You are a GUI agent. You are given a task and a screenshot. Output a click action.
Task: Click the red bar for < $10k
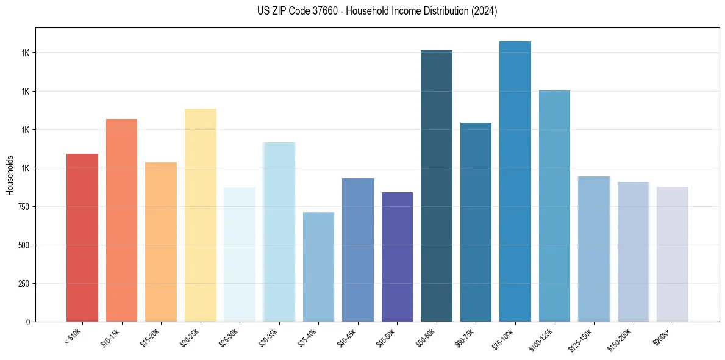(x=82, y=238)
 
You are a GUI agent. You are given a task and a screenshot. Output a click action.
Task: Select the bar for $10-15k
(x=121, y=220)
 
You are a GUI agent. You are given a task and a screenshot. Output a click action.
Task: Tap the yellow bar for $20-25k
(x=200, y=215)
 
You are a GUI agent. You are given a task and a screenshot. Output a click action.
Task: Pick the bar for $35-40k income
(x=318, y=267)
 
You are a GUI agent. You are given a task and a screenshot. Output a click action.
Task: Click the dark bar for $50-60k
(x=437, y=186)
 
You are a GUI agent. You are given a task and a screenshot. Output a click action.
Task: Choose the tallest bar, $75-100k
(x=515, y=182)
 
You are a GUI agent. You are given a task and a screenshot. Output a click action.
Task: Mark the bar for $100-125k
(x=554, y=206)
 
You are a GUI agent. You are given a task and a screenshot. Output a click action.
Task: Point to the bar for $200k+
(x=673, y=254)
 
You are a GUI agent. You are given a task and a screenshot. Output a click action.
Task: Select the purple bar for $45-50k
(x=397, y=257)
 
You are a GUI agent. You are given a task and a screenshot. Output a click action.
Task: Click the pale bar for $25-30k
(x=240, y=254)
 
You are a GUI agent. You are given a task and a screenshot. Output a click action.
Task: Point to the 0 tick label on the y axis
(x=28, y=322)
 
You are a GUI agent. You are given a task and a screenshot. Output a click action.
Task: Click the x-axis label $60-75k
(x=467, y=337)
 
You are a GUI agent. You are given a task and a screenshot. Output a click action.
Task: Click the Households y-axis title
(x=10, y=175)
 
